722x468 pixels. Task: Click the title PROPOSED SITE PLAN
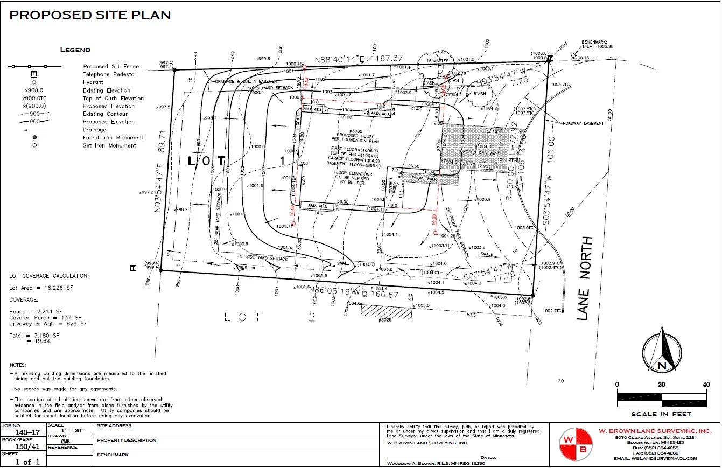(90, 15)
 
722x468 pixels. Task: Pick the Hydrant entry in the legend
(93, 82)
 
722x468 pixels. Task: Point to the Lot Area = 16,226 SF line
(40, 288)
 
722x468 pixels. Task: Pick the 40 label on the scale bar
(706, 384)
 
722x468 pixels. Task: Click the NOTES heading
(18, 365)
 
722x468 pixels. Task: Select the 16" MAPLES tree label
(438, 61)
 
